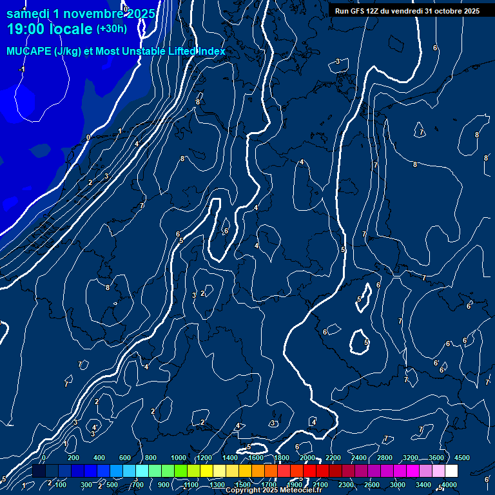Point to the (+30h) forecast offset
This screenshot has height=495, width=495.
click(112, 28)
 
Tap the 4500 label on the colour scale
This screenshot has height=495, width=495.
click(462, 458)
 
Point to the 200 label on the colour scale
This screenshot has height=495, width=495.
click(73, 458)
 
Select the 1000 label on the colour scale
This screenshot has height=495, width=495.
click(178, 458)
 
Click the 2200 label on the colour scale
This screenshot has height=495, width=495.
click(333, 458)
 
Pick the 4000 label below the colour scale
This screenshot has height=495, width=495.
click(449, 485)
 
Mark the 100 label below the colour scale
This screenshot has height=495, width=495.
click(61, 485)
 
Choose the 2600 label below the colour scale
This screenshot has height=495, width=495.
click(372, 485)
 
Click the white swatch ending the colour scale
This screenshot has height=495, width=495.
click(451, 471)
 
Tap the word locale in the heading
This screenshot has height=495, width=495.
click(69, 29)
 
